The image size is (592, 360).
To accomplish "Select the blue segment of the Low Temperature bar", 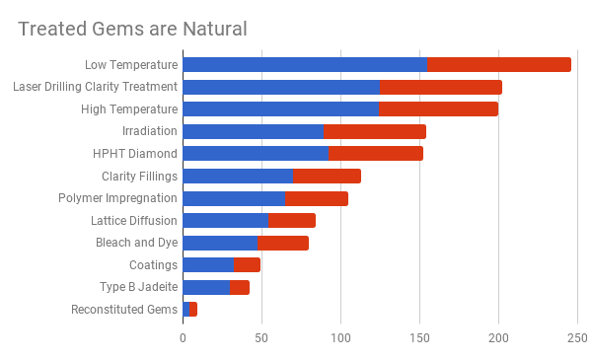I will click(305, 64).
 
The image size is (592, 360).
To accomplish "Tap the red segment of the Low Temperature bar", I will click(499, 64).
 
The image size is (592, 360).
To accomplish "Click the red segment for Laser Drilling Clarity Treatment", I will click(441, 87).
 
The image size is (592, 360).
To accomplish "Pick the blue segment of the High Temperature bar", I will click(280, 108).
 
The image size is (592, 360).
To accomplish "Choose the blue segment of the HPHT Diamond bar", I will click(256, 153).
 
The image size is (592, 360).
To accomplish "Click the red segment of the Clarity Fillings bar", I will click(327, 176).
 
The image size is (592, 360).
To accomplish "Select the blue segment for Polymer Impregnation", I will click(234, 198).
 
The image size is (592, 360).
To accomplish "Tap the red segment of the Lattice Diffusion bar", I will click(291, 220).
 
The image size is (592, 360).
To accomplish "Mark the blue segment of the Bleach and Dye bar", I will click(220, 243).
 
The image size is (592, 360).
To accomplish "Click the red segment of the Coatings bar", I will click(247, 264).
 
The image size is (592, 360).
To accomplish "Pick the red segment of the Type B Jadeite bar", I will click(240, 287).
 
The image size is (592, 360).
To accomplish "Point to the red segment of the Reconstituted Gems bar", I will click(193, 310).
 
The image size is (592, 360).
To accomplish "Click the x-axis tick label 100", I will click(340, 338).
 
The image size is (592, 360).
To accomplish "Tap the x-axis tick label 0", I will click(183, 338).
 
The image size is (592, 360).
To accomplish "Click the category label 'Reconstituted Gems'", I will click(124, 310).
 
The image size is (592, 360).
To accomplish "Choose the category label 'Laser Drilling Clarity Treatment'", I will click(95, 87).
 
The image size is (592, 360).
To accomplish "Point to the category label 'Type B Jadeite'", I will click(139, 287).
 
